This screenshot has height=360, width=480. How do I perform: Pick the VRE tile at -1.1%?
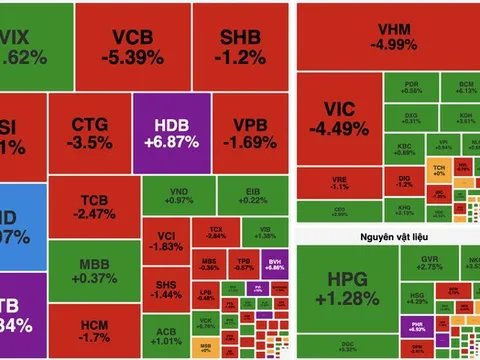[x=339, y=184]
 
